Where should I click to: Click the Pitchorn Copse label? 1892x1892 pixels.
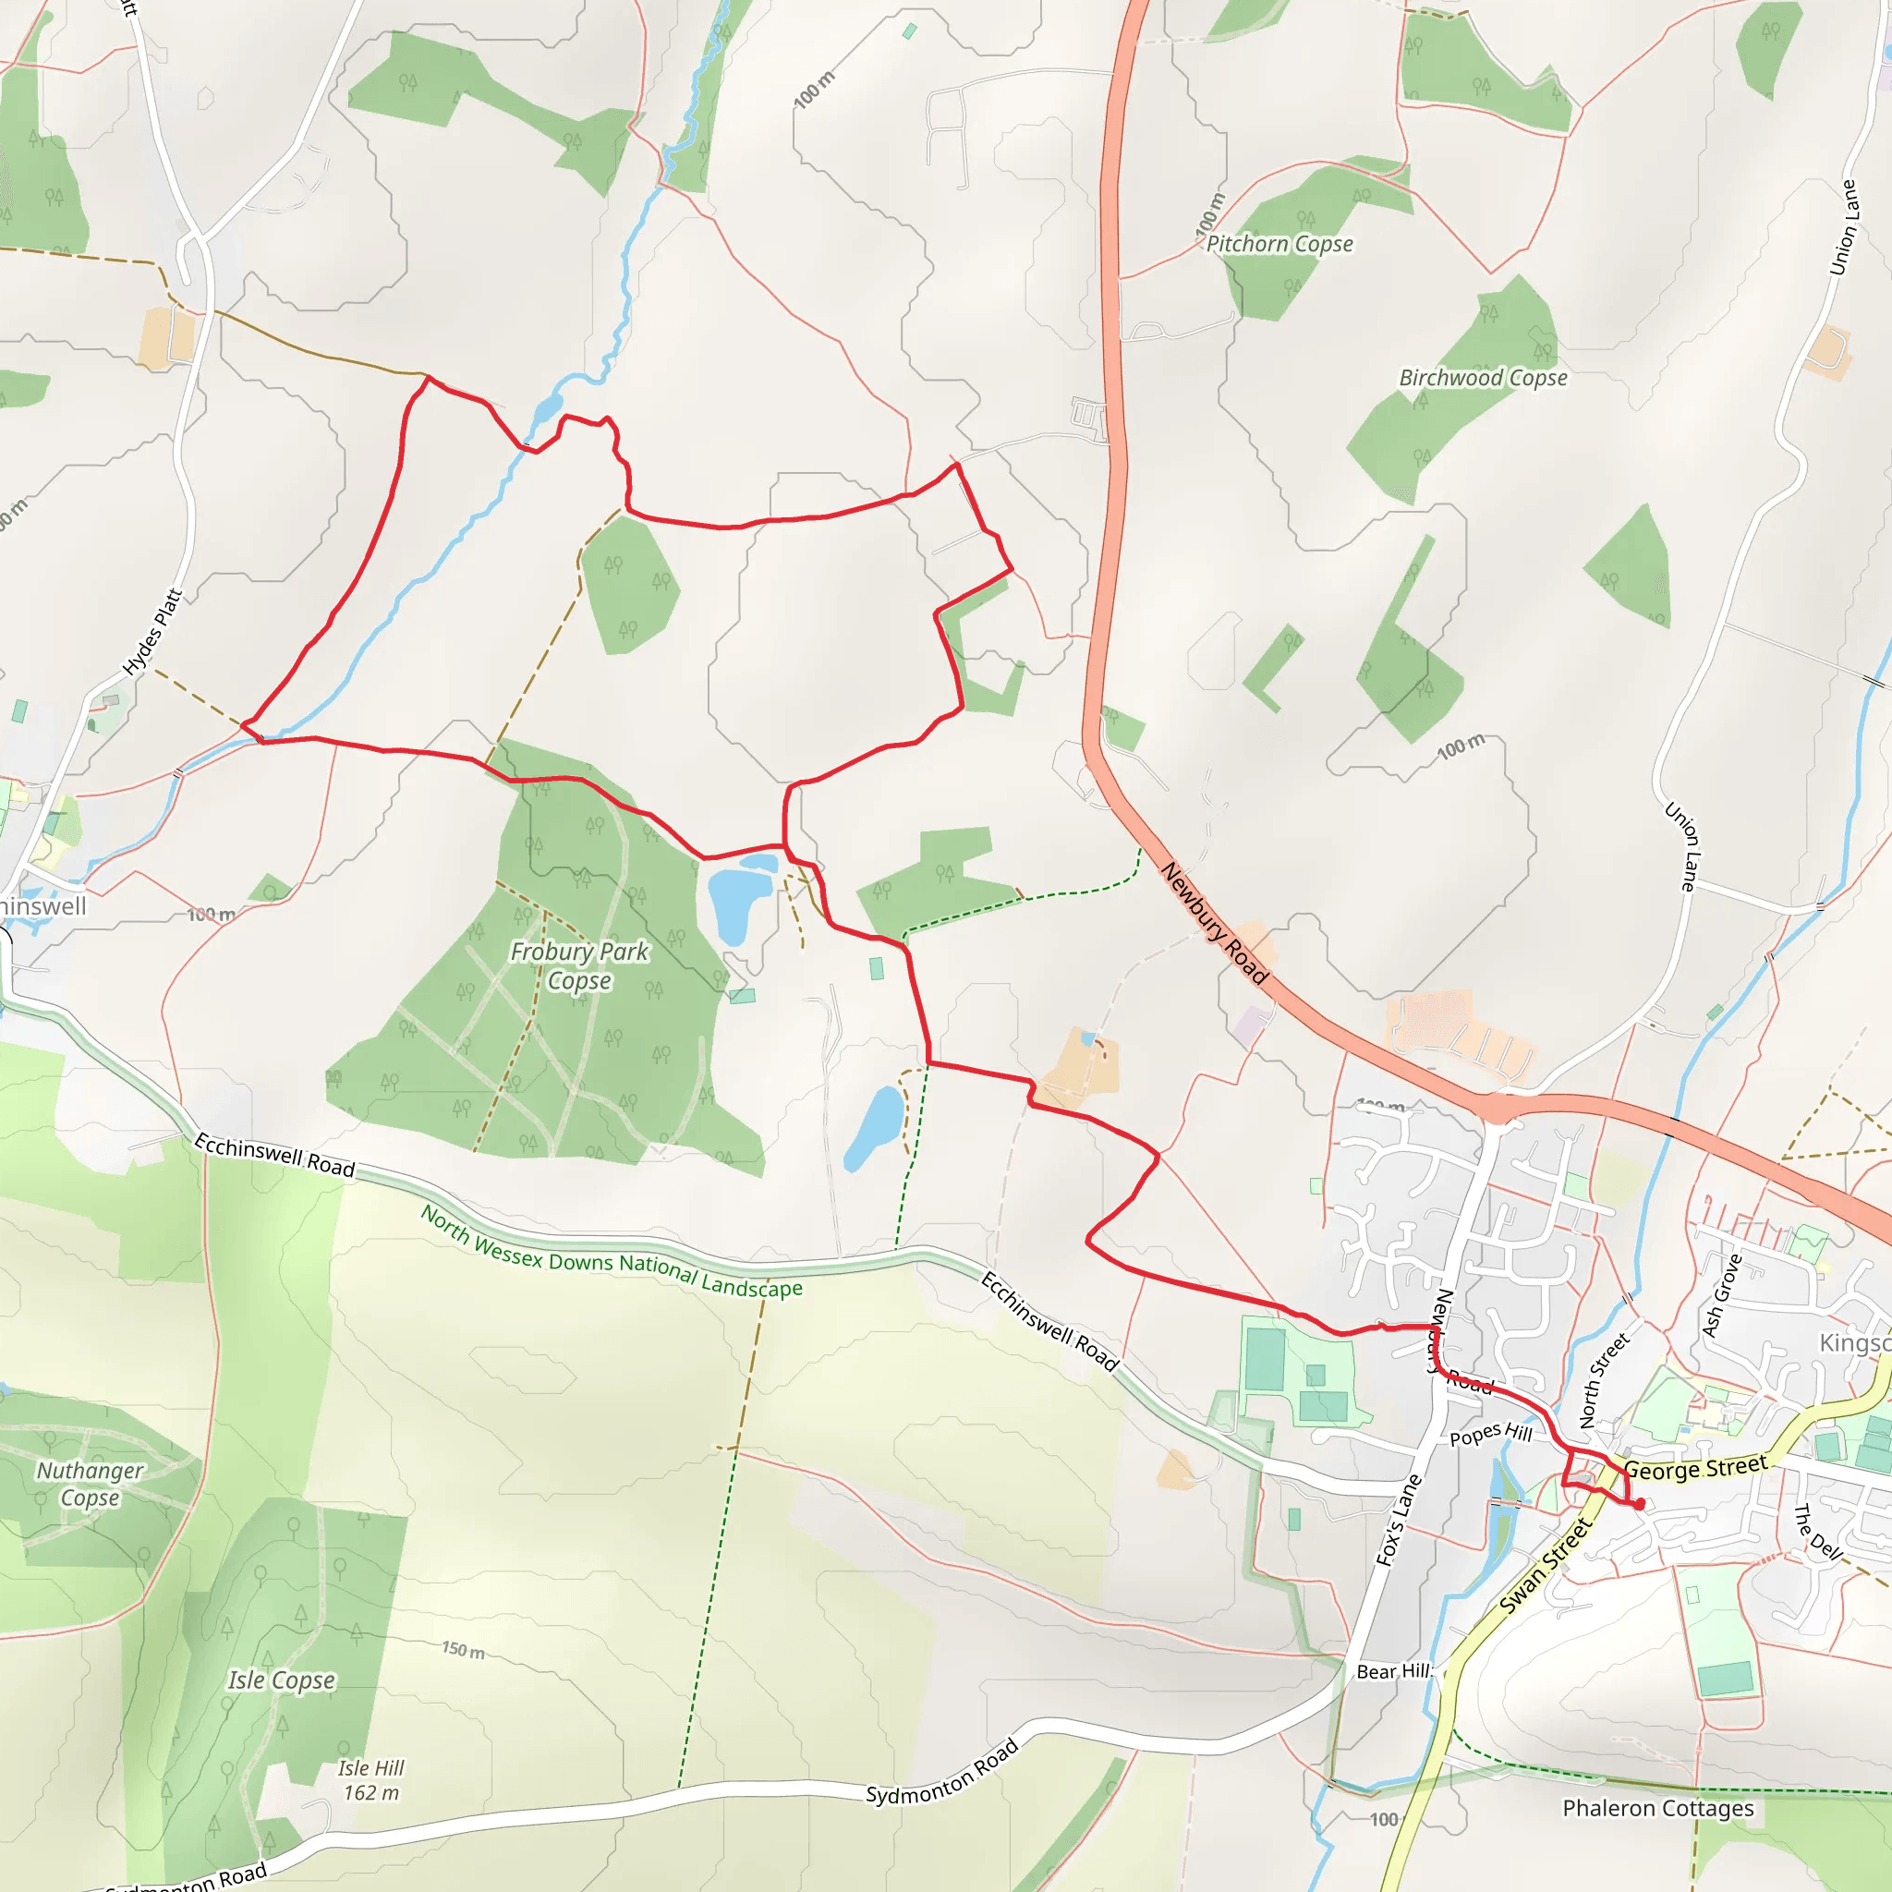(1279, 244)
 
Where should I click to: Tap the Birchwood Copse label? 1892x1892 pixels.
(1483, 378)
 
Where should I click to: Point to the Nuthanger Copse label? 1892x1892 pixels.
(91, 1484)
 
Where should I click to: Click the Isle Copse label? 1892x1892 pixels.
(281, 1680)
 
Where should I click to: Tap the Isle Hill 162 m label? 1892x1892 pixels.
(371, 1780)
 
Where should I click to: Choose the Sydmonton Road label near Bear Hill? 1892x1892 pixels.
(942, 1772)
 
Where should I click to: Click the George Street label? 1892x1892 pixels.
(1696, 1468)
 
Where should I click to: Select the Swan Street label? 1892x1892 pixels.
(1546, 1566)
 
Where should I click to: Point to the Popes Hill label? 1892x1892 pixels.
(1490, 1435)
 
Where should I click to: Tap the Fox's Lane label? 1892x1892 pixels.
(1399, 1521)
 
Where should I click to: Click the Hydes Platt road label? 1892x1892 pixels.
(152, 632)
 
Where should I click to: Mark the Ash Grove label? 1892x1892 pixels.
(1723, 1295)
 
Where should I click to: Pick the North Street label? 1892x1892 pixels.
(1604, 1381)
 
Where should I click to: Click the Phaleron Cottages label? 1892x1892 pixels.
(1658, 1808)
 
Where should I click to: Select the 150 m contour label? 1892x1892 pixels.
(462, 1650)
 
